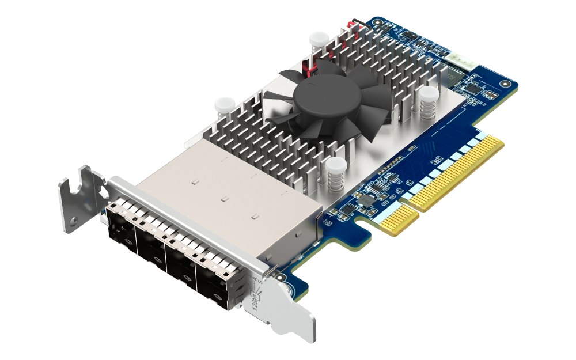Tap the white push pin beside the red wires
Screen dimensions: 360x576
tap(316, 40)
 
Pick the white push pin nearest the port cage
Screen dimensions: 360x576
tap(222, 106)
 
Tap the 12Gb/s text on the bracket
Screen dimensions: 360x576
tap(255, 300)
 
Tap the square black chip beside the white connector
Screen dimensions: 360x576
tap(473, 88)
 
